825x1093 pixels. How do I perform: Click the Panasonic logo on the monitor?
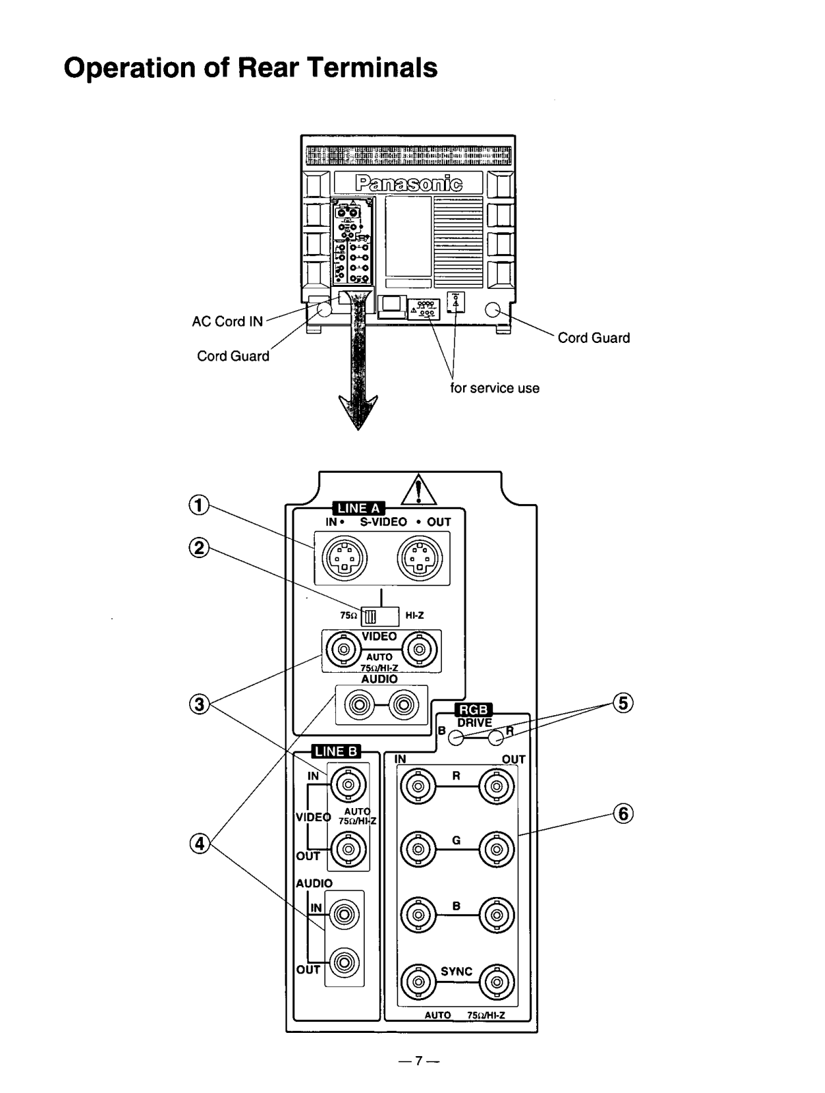(x=408, y=182)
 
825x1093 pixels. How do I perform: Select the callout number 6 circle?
(x=622, y=813)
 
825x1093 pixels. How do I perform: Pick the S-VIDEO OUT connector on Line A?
(x=420, y=558)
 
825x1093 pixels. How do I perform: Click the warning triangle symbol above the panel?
(x=419, y=490)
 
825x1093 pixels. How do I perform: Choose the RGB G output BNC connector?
(x=497, y=850)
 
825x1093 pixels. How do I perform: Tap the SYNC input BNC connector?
(x=417, y=982)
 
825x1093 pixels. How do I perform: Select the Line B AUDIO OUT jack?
(x=344, y=964)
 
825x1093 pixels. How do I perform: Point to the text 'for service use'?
(x=494, y=388)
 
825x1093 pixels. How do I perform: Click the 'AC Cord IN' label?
(x=227, y=322)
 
